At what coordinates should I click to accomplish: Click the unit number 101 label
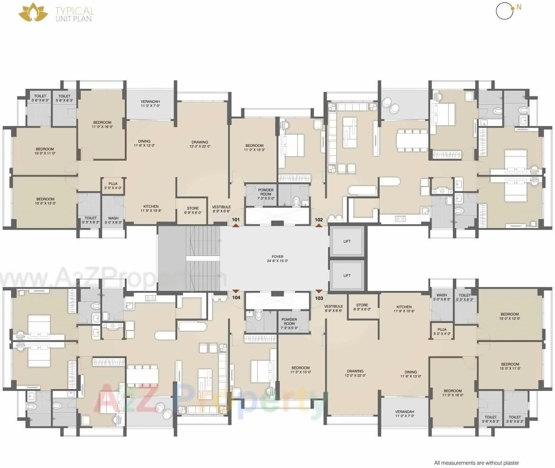coord(236,220)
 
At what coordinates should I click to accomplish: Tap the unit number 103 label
coord(319,298)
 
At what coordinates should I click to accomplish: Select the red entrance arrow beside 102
coord(319,226)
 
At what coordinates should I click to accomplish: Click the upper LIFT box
coord(347,241)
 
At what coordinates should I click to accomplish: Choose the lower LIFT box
coord(347,275)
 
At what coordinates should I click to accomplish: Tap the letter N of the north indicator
coord(519,7)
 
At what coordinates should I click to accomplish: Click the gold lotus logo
coord(33,12)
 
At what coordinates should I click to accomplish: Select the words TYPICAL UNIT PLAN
coord(74,14)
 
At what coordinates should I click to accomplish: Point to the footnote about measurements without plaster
coord(477,463)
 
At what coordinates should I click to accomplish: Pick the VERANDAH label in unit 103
coord(405,414)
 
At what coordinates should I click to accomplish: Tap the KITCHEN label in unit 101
coord(151,208)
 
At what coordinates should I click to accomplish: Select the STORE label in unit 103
coord(362,307)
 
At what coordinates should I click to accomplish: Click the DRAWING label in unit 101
coord(199,144)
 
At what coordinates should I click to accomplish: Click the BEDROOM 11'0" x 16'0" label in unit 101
coord(102,124)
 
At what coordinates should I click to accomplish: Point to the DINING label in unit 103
coord(410,374)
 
